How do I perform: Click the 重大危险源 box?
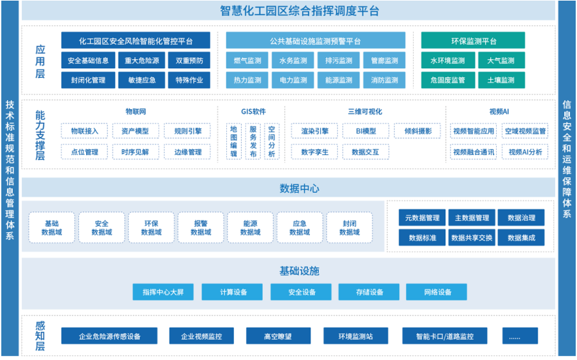(139, 61)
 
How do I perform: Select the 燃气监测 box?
(247, 61)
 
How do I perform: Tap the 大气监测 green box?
(501, 61)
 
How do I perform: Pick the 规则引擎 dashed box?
(188, 131)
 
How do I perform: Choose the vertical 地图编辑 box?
(234, 141)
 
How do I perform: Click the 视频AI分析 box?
(525, 152)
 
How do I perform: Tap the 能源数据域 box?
(250, 228)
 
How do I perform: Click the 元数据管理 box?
(422, 218)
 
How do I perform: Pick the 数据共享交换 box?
(472, 238)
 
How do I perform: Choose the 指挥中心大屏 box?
(163, 292)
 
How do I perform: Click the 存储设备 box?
(369, 292)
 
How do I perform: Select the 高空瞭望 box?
(278, 336)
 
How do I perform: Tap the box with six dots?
(515, 336)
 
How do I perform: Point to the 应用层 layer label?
(40, 61)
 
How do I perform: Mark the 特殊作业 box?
(188, 80)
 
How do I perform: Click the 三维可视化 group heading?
(364, 111)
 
